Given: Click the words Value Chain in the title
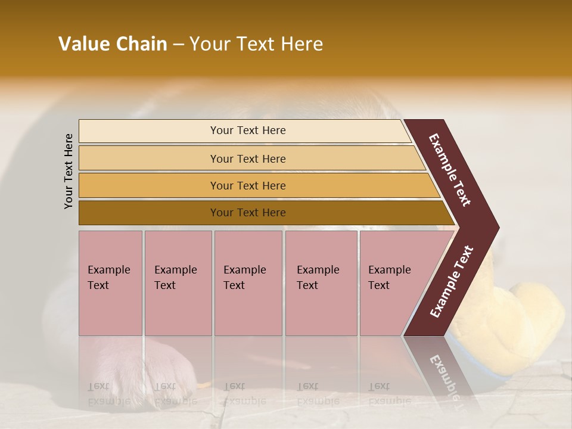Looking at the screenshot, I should coord(113,44).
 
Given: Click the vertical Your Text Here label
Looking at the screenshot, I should coord(69,172).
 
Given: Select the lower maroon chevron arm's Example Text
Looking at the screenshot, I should coord(452,282).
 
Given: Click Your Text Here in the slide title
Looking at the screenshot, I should coord(256,44).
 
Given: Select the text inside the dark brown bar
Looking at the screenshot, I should coord(248,213).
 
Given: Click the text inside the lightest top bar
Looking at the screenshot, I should coord(248,130).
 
